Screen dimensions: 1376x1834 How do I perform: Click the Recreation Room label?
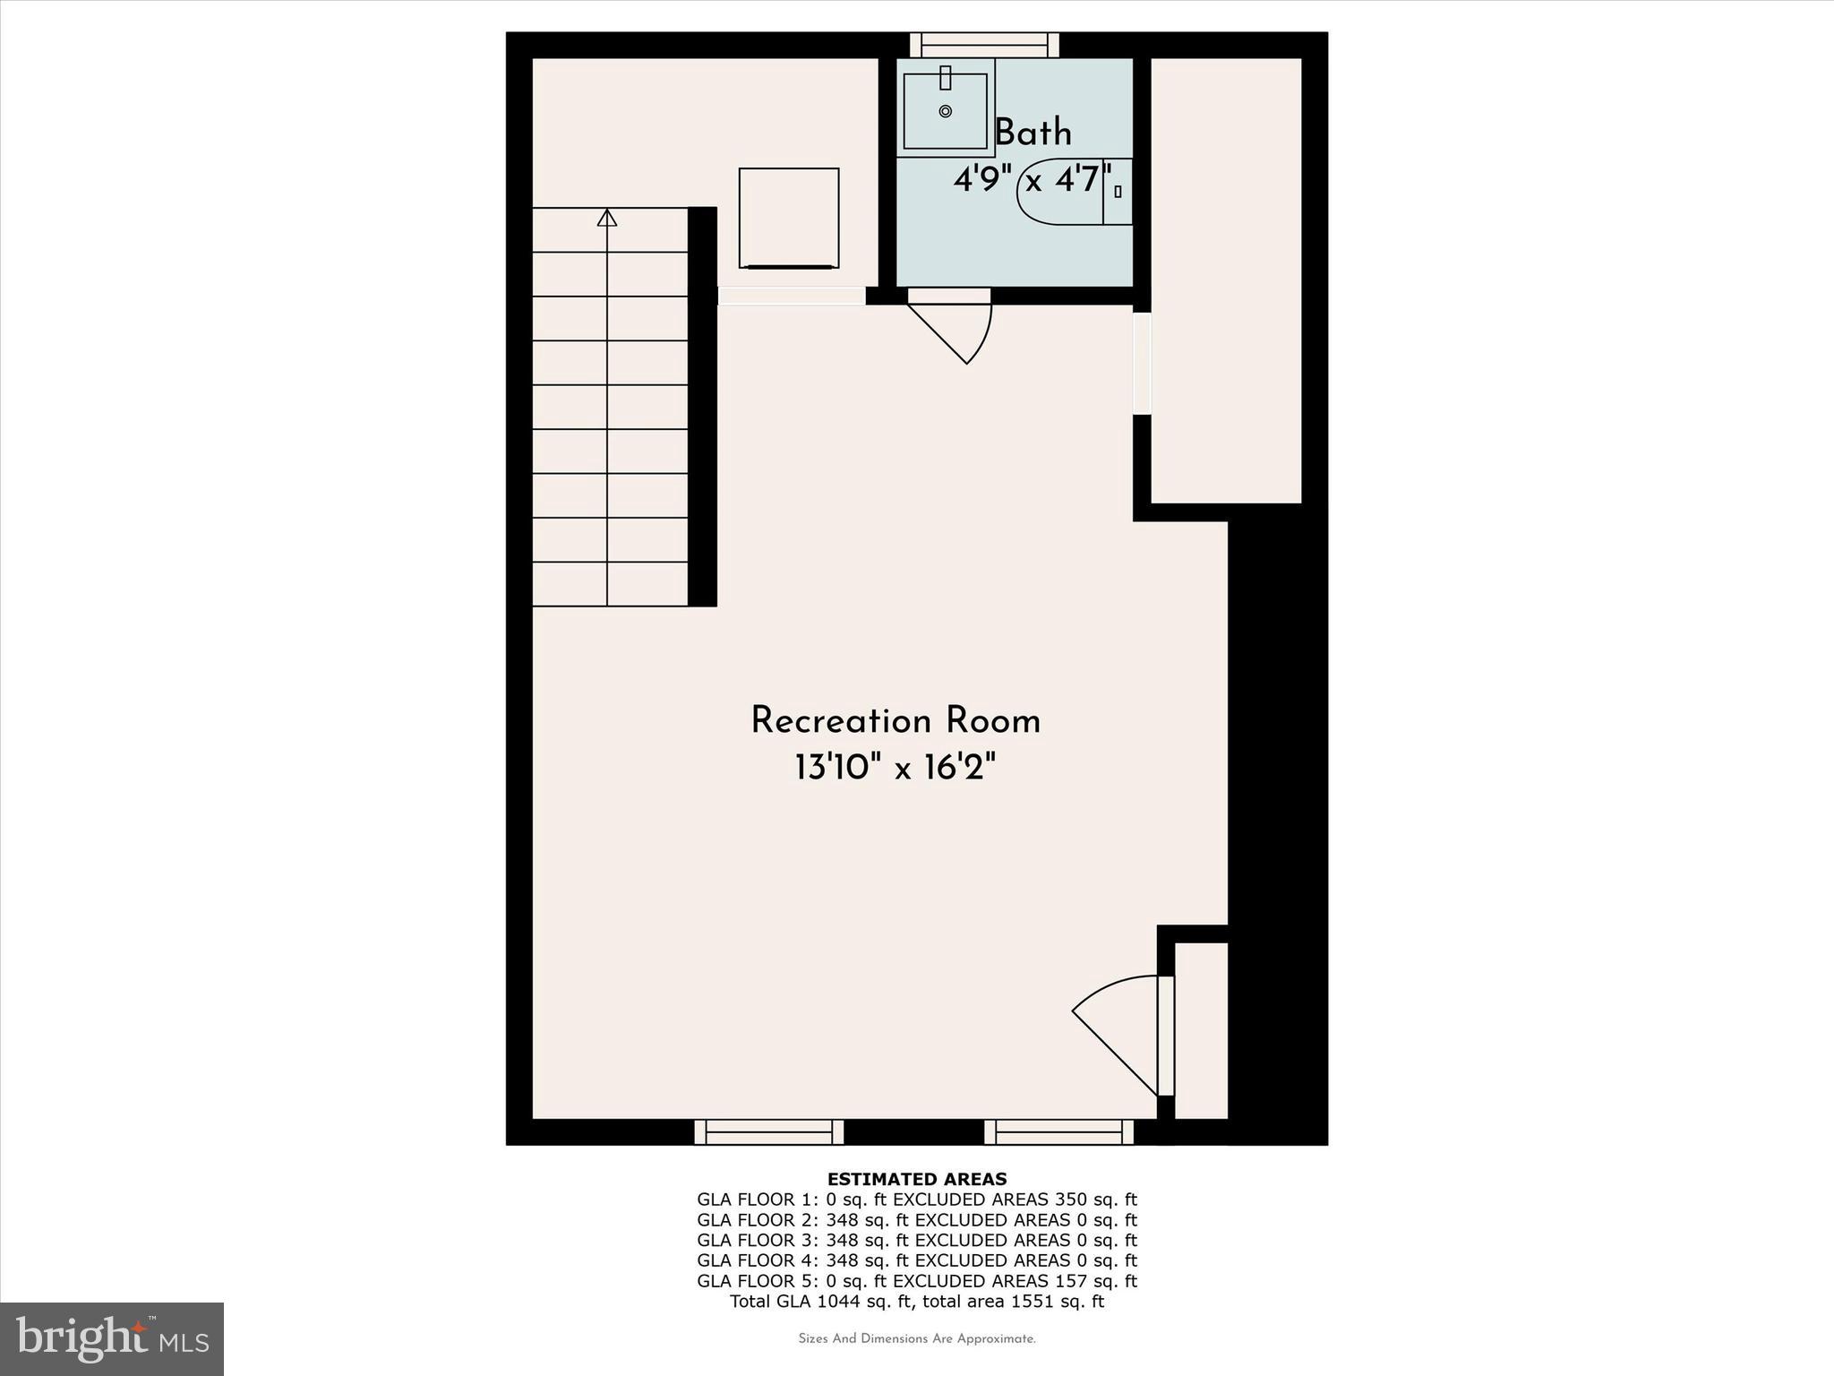click(x=895, y=721)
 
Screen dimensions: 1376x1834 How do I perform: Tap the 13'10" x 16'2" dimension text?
click(x=895, y=768)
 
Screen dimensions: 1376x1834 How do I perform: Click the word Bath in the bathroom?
click(x=1033, y=133)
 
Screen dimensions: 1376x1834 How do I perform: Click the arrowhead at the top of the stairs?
click(x=607, y=218)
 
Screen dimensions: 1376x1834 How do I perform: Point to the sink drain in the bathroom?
click(x=946, y=111)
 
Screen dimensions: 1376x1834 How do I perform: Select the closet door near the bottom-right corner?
click(x=1165, y=1036)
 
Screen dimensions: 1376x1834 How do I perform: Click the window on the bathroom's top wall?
click(x=984, y=45)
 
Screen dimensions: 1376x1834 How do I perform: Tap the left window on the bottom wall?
click(x=768, y=1132)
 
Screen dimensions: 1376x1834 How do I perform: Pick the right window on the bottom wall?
click(x=1058, y=1132)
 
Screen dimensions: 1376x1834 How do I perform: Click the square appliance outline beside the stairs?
click(x=788, y=218)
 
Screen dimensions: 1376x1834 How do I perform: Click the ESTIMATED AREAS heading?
click(x=916, y=1179)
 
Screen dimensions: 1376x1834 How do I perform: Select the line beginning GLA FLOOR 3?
click(x=916, y=1240)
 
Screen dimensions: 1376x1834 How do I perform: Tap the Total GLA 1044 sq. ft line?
click(x=916, y=1301)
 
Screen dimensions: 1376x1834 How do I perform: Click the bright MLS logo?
click(x=112, y=1338)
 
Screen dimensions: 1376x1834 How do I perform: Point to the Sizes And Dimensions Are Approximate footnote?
click(x=916, y=1338)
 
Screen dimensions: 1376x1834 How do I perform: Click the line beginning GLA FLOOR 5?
click(x=916, y=1281)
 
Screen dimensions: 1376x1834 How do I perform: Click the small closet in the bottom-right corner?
click(x=1200, y=1030)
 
